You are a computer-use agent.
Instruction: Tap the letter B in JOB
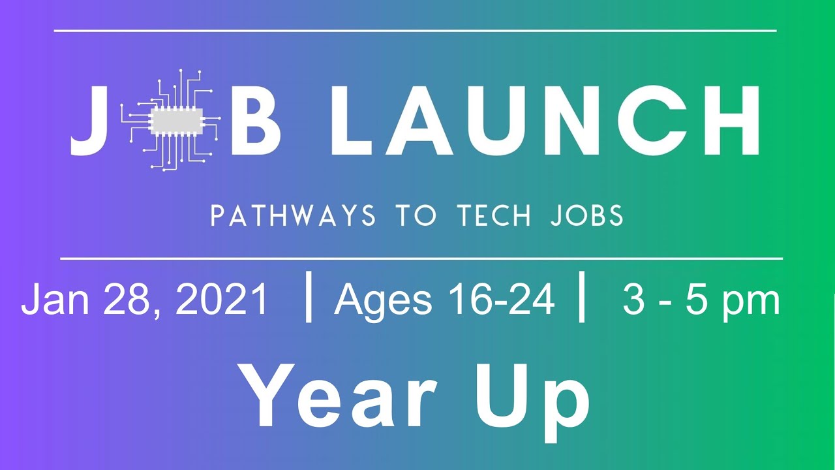(256, 121)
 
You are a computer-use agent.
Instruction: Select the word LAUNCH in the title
(545, 121)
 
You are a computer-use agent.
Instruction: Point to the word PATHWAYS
(294, 216)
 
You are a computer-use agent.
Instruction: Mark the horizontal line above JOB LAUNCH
(415, 31)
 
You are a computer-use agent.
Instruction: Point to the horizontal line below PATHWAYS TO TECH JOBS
(421, 258)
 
